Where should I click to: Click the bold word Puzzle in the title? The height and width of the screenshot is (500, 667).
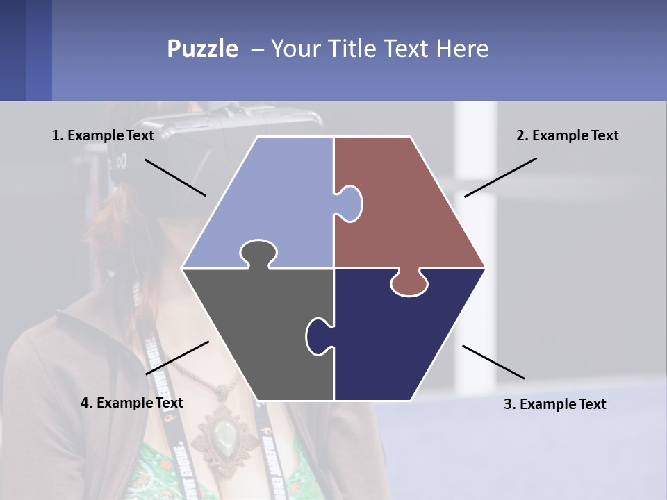pyautogui.click(x=202, y=49)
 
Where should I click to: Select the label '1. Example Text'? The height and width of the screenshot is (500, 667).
pyautogui.click(x=103, y=135)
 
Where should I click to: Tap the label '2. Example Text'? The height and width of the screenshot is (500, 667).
pyautogui.click(x=567, y=135)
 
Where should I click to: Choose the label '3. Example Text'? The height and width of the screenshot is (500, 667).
pyautogui.click(x=554, y=404)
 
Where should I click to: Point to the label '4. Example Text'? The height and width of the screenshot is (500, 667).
pyautogui.click(x=132, y=403)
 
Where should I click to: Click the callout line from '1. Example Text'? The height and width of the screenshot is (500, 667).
pyautogui.click(x=175, y=177)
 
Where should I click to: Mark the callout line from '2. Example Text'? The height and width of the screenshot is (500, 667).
pyautogui.click(x=500, y=177)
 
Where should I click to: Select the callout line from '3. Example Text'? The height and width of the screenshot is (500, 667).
pyautogui.click(x=493, y=362)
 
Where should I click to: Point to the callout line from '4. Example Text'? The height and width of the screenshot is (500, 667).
pyautogui.click(x=177, y=358)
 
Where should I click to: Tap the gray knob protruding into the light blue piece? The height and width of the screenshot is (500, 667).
pyautogui.click(x=258, y=253)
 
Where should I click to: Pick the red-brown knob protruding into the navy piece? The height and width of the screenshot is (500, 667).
pyautogui.click(x=409, y=283)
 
